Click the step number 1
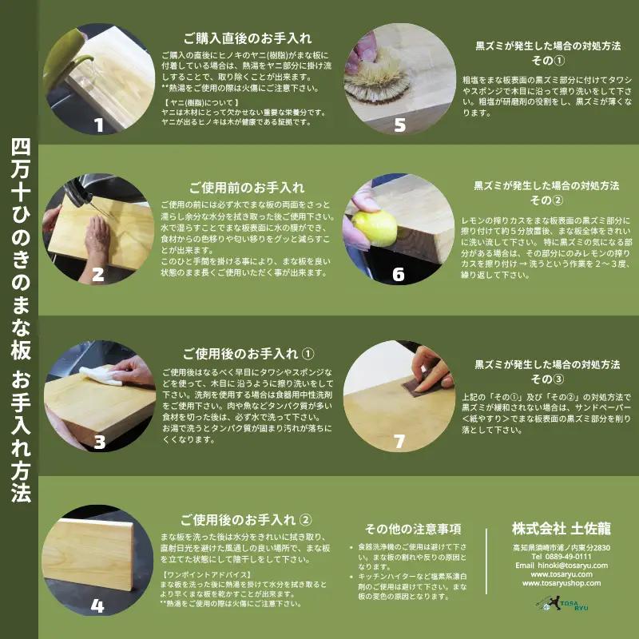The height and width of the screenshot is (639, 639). click(99, 125)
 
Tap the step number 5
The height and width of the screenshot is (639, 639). click(399, 125)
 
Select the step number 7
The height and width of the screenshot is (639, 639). click(399, 442)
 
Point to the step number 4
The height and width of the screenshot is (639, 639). click(97, 605)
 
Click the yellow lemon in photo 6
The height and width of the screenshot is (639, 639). click(375, 228)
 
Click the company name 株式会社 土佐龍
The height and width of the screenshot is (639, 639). click(561, 528)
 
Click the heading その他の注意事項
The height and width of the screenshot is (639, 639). click(413, 529)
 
